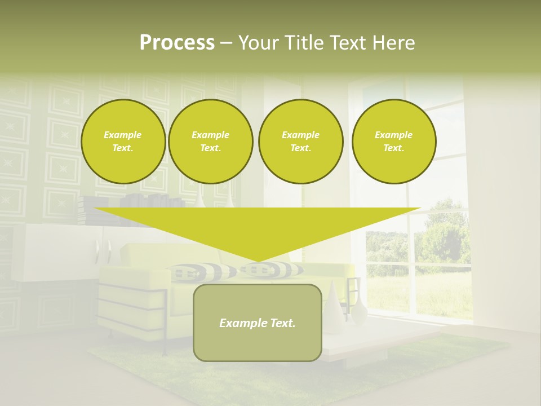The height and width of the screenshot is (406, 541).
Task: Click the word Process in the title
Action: pos(177,43)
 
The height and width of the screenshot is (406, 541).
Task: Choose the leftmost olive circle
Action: pos(123,142)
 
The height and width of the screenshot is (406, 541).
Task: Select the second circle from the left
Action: pos(211,142)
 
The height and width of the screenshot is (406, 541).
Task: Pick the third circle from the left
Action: pos(301,142)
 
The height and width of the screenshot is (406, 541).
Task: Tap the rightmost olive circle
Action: pos(394,142)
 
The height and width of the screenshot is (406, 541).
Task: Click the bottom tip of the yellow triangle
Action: pos(258,260)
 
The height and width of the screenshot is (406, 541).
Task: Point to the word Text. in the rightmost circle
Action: pos(394,148)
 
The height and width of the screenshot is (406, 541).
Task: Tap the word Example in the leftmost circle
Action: pos(123,135)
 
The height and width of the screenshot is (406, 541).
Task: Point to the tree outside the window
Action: pos(445,231)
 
